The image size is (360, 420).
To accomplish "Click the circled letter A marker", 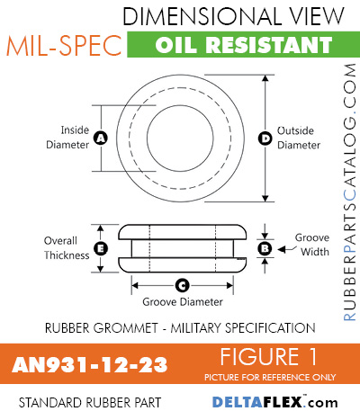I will (101, 138).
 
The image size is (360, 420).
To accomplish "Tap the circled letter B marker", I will (265, 247).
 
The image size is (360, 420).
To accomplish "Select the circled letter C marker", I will (181, 286).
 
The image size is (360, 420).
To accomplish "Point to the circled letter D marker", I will (265, 138).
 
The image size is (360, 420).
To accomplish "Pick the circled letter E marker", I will (101, 247).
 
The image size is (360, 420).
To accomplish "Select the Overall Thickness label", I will (67, 247).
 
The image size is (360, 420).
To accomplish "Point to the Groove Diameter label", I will (181, 302).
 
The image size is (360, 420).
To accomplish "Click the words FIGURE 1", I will (267, 354).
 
